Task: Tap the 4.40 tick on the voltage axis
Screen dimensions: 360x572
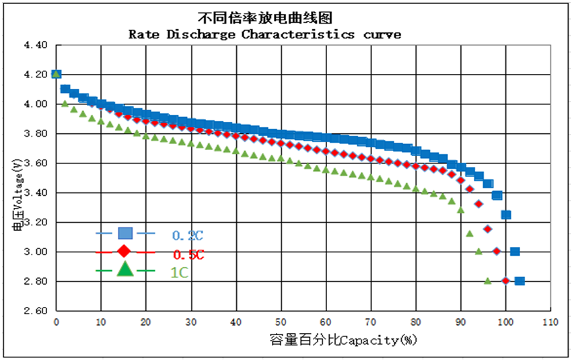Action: (35, 45)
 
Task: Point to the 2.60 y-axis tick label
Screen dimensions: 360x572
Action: (35, 311)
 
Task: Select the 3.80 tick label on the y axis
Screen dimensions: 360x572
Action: (35, 134)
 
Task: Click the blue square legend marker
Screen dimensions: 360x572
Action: (125, 233)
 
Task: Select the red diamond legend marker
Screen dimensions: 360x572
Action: (124, 252)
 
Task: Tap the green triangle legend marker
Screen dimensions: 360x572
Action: (125, 270)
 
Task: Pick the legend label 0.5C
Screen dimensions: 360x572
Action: (188, 255)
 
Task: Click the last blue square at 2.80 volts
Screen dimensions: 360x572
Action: (520, 281)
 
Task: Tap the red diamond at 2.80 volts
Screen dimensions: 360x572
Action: (505, 281)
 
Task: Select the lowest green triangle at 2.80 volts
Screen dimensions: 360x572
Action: (488, 281)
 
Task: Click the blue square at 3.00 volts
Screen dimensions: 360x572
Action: (515, 252)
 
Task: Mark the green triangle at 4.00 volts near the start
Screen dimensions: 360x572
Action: (65, 103)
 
